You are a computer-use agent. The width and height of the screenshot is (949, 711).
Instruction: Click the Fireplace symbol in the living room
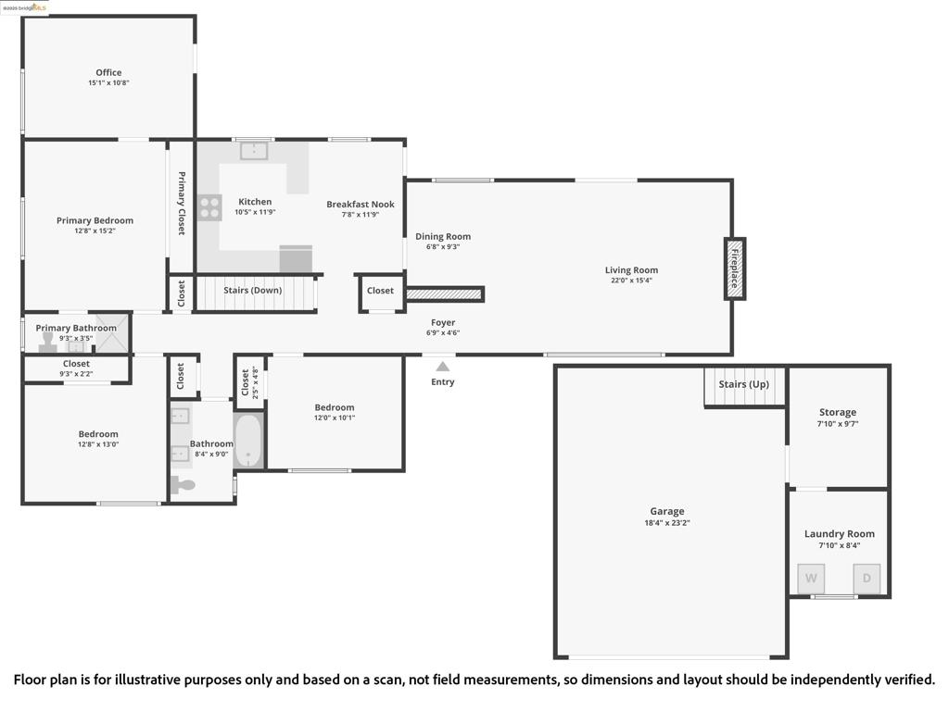[x=734, y=268]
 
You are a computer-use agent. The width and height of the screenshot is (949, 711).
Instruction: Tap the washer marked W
[x=811, y=579]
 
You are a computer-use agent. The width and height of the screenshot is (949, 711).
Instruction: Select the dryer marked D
[x=867, y=579]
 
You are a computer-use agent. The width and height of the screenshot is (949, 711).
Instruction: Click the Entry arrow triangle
[x=443, y=367]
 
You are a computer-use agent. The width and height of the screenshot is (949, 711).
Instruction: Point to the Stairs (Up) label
[x=743, y=384]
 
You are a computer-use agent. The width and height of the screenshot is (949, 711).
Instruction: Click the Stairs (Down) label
[x=252, y=290]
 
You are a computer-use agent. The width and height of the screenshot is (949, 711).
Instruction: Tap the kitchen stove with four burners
[x=209, y=207]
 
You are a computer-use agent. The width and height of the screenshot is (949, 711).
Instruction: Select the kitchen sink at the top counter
[x=254, y=150]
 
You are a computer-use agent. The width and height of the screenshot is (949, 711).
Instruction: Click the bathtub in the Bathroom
[x=248, y=442]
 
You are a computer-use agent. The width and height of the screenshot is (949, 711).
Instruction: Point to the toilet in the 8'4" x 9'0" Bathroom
[x=183, y=484]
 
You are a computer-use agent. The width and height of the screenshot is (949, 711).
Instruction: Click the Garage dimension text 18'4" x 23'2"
[x=666, y=523]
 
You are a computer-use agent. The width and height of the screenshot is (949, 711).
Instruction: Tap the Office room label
[x=108, y=72]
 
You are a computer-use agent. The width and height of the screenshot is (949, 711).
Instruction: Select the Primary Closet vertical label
[x=182, y=204]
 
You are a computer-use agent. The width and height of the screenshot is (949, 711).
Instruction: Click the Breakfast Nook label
[x=360, y=204]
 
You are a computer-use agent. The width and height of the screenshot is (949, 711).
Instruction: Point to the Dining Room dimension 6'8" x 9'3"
[x=442, y=247]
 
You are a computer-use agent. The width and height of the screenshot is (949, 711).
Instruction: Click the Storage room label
[x=837, y=412]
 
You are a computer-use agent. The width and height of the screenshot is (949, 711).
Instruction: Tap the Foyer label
[x=443, y=322]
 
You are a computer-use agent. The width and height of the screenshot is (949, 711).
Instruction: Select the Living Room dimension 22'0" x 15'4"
[x=631, y=281]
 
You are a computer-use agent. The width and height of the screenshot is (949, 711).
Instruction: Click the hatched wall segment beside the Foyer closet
[x=445, y=294]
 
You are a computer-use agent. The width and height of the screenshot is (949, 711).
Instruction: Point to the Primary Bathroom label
[x=76, y=328]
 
